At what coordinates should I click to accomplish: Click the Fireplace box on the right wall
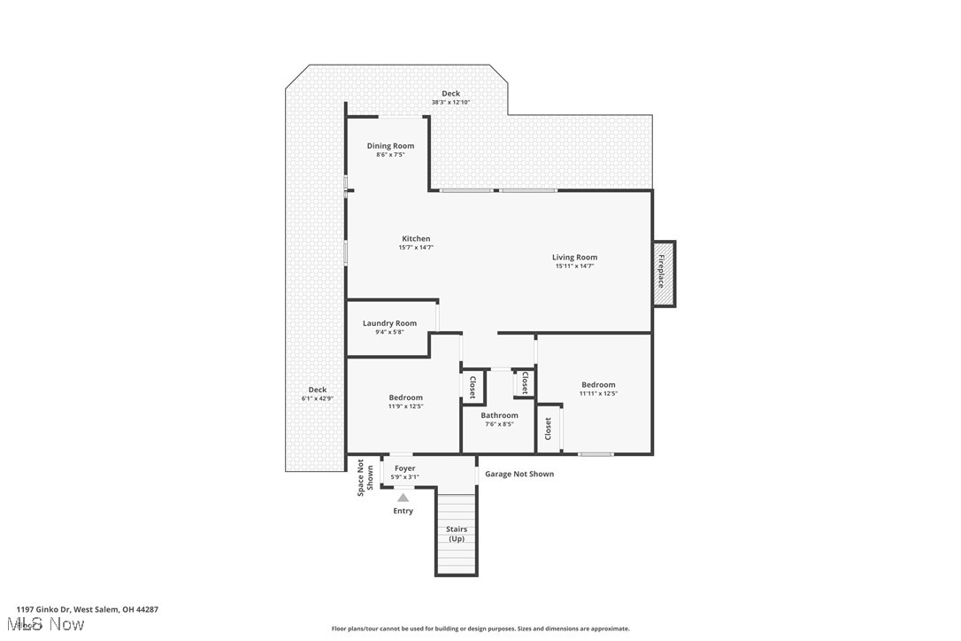pyautogui.click(x=664, y=274)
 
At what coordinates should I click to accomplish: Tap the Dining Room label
pyautogui.click(x=390, y=146)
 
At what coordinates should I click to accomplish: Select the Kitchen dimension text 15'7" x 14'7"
pyautogui.click(x=416, y=248)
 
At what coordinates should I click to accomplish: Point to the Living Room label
pyautogui.click(x=574, y=258)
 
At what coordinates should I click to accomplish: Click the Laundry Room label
pyautogui.click(x=389, y=323)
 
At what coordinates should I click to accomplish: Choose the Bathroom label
pyautogui.click(x=499, y=415)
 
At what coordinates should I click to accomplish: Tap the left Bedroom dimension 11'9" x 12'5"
pyautogui.click(x=405, y=406)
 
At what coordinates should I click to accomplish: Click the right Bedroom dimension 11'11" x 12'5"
pyautogui.click(x=598, y=393)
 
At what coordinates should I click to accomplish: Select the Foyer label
pyautogui.click(x=404, y=468)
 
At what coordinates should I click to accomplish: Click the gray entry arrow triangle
pyautogui.click(x=404, y=498)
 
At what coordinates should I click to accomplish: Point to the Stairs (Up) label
pyautogui.click(x=457, y=534)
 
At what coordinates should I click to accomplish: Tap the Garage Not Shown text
pyautogui.click(x=519, y=474)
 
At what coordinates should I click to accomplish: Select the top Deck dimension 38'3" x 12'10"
pyautogui.click(x=450, y=103)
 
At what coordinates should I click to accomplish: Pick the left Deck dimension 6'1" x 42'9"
pyautogui.click(x=317, y=398)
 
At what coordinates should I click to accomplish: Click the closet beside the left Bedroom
pyautogui.click(x=473, y=388)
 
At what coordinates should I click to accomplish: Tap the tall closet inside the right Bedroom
pyautogui.click(x=549, y=429)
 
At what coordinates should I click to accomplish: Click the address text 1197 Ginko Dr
pyautogui.click(x=87, y=609)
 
